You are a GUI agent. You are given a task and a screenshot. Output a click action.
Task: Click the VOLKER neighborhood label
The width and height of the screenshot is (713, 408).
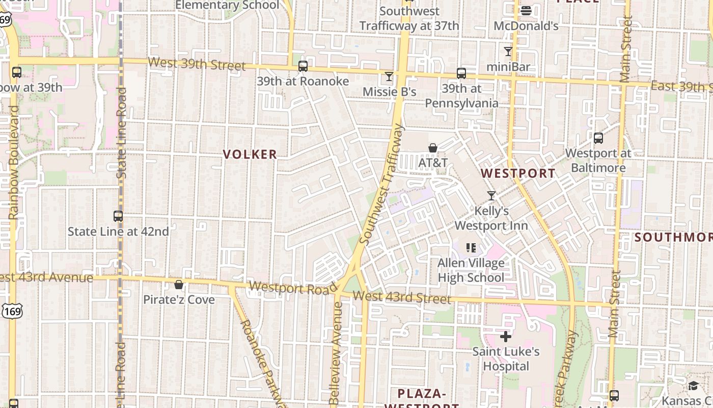click(x=250, y=154)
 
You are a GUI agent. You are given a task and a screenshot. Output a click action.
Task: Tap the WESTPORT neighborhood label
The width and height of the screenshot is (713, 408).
click(x=518, y=173)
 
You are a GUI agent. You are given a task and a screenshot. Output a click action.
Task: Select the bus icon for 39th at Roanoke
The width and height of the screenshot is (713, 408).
click(x=303, y=66)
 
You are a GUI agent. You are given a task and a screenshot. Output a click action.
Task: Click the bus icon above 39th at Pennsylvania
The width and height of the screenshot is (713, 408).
click(x=461, y=73)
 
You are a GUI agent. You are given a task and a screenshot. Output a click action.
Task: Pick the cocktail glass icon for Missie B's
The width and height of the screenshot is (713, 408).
click(x=389, y=76)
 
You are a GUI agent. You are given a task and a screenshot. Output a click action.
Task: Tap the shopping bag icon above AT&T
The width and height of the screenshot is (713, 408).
click(x=433, y=148)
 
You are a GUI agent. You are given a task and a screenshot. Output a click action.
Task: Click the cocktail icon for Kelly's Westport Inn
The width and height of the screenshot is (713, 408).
click(x=491, y=195)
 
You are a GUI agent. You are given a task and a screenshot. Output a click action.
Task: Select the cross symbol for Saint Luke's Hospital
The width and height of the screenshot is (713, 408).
click(x=505, y=337)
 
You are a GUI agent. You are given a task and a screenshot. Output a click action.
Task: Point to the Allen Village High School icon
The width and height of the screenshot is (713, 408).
click(x=471, y=248)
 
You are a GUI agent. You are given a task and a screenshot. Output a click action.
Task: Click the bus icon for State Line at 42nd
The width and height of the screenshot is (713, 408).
click(x=118, y=216)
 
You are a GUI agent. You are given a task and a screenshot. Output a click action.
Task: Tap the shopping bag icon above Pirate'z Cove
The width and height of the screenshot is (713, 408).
click(x=179, y=285)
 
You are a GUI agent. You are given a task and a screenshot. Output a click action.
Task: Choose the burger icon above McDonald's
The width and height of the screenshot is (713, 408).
click(x=526, y=10)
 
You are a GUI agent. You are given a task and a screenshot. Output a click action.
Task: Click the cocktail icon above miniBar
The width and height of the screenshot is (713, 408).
click(x=508, y=51)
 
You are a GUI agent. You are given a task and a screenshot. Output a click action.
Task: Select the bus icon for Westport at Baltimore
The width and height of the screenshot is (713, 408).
click(x=598, y=138)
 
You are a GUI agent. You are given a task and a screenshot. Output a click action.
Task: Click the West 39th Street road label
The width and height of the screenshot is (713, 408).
click(x=197, y=64)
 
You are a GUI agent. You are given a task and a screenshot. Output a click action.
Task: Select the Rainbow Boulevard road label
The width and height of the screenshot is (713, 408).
click(x=13, y=163)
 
